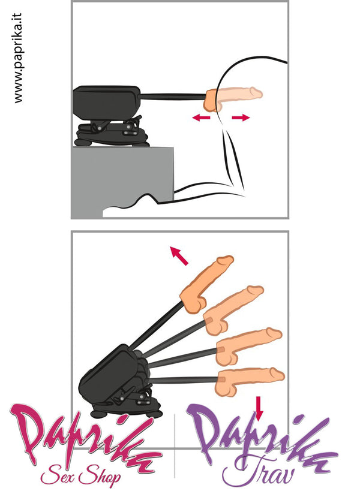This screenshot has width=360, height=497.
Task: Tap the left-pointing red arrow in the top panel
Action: [x=202, y=118]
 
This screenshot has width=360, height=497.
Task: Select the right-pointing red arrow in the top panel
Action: [x=241, y=118]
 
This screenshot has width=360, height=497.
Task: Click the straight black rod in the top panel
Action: [x=174, y=95]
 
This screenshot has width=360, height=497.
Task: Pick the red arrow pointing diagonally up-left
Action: [x=179, y=255]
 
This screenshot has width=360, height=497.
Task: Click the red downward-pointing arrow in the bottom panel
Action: [x=259, y=408]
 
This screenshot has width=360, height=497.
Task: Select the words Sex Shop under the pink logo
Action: [x=81, y=477]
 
